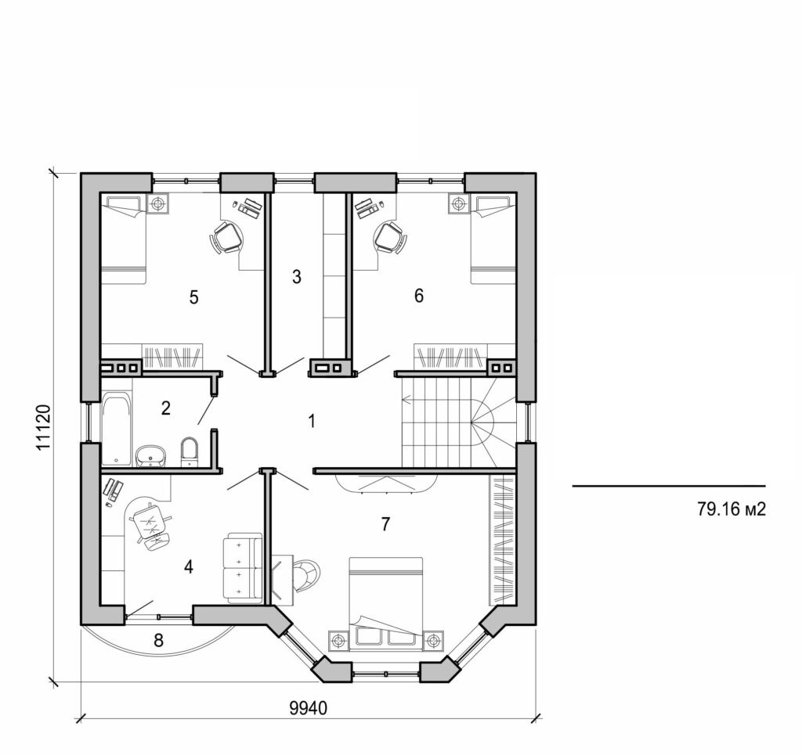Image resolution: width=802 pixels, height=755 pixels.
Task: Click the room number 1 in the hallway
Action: tap(312, 421)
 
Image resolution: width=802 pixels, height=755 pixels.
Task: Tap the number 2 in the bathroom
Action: tap(165, 407)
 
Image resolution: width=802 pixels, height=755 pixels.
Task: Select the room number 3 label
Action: tap(296, 276)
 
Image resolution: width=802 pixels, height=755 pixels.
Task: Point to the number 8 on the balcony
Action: tap(158, 641)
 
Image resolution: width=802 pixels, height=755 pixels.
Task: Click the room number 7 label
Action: tap(385, 524)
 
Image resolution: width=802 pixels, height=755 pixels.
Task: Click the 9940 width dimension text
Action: tap(308, 708)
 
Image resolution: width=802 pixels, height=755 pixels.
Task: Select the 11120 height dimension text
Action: tap(44, 427)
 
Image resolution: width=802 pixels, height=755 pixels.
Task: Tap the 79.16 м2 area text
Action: tap(730, 509)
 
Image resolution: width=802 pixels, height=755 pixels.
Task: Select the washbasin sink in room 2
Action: tap(151, 455)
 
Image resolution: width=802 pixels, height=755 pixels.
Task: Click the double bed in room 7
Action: tap(385, 602)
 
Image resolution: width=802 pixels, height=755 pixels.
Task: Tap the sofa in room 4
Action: tap(244, 569)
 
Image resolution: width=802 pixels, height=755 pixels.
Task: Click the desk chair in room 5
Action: tap(226, 237)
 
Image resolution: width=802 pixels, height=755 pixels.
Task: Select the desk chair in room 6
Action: tap(389, 237)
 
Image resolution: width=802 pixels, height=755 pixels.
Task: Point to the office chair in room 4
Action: tap(149, 525)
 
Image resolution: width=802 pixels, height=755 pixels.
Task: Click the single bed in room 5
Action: tap(123, 239)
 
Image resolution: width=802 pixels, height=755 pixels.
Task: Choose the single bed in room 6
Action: tap(493, 239)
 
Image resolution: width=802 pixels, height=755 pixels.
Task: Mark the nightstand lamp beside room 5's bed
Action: tap(159, 203)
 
